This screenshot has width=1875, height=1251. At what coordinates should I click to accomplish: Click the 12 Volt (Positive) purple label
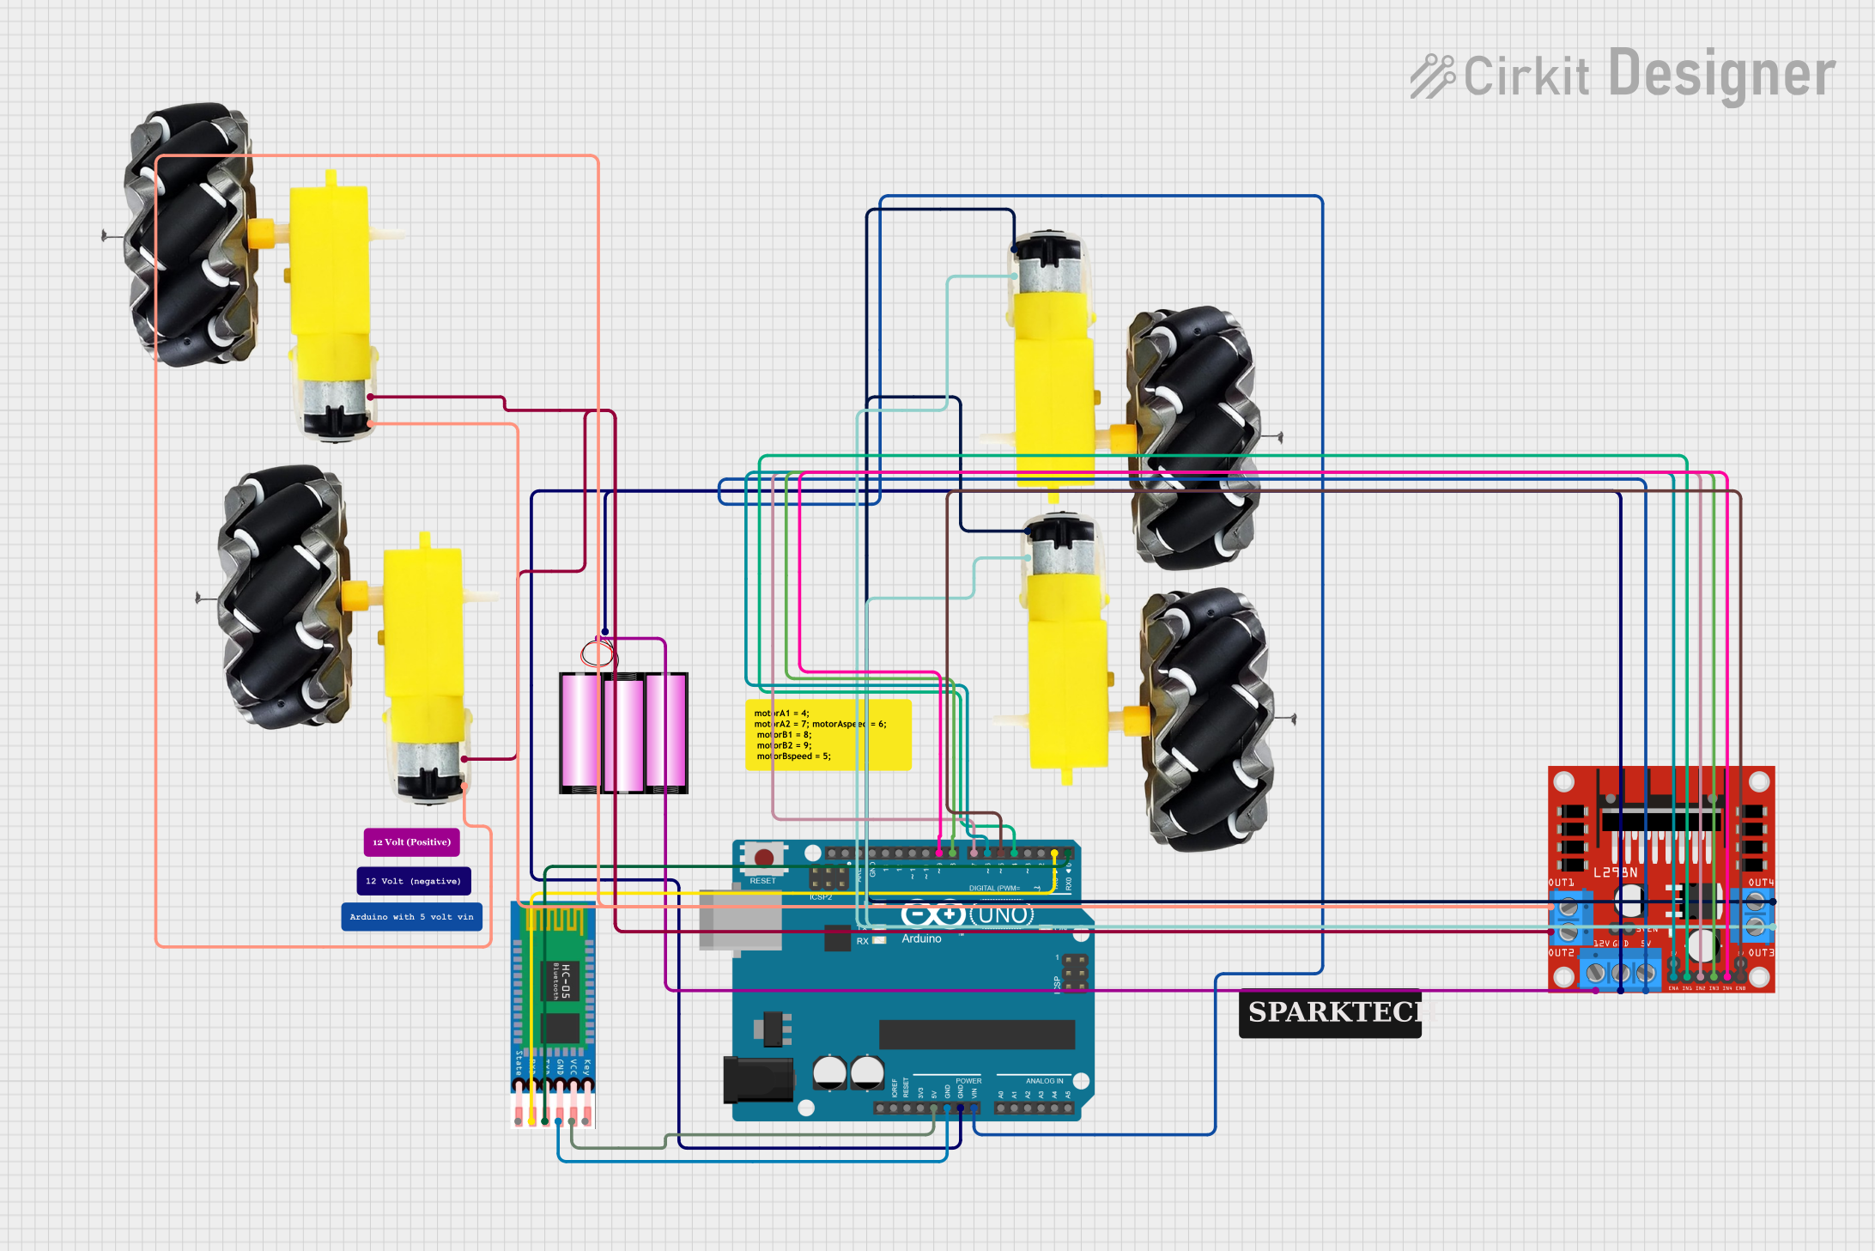[x=411, y=842]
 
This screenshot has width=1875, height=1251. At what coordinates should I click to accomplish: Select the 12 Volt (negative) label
[x=413, y=881]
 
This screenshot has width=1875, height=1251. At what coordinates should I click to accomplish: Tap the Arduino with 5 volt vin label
[x=411, y=917]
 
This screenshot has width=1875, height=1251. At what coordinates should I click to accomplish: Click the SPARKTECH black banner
[x=1330, y=1013]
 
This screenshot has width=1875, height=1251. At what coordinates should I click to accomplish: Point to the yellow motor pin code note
[x=828, y=735]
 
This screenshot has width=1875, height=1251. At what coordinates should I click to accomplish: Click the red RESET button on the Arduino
[x=763, y=857]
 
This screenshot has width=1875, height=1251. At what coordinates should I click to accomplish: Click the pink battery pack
[x=623, y=732]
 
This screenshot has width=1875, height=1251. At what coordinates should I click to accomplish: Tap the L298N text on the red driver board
[x=1615, y=872]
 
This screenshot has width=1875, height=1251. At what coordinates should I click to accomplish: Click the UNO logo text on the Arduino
[x=1002, y=915]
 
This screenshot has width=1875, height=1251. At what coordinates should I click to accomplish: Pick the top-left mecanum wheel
[x=191, y=236]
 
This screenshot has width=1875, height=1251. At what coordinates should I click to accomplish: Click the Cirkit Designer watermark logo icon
[x=1432, y=76]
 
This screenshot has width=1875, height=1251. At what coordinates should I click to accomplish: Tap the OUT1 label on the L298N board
[x=1561, y=883]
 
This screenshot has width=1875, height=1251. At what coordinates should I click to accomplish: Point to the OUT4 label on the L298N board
[x=1760, y=883]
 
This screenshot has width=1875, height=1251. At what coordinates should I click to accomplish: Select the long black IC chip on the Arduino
[x=976, y=1035]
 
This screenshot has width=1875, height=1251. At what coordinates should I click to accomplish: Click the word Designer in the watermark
[x=1721, y=75]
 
